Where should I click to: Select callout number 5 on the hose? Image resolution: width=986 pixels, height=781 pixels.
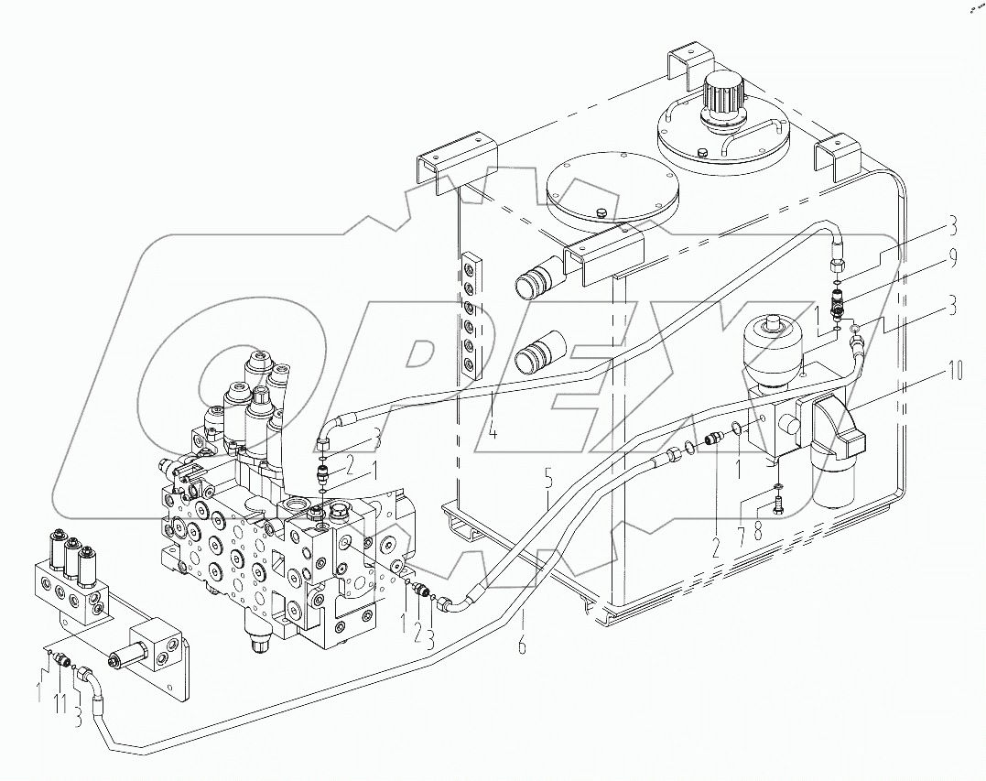click(547, 478)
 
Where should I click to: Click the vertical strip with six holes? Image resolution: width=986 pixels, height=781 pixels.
click(470, 316)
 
